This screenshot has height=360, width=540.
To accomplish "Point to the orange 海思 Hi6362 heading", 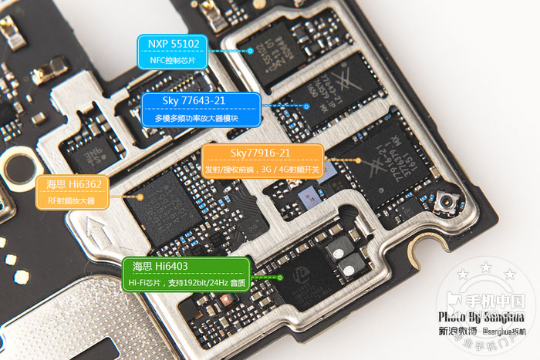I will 73,184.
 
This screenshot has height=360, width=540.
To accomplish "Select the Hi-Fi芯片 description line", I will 184,284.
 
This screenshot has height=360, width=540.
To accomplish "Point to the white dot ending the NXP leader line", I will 251,51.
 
